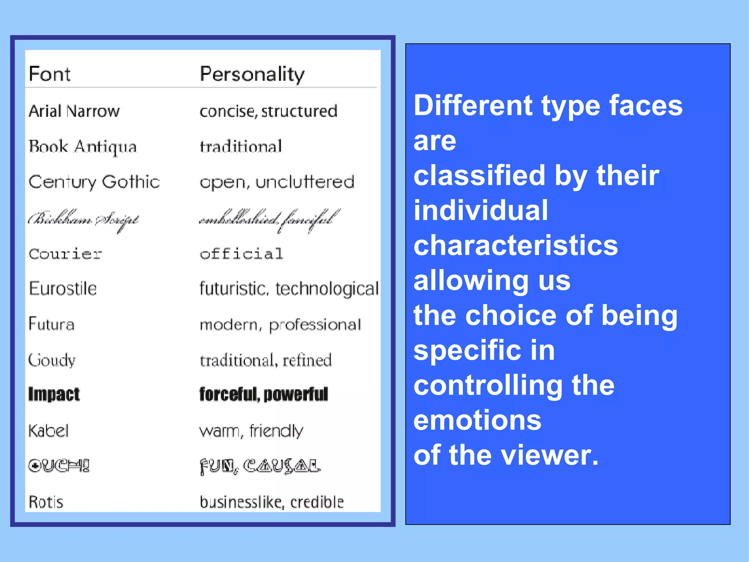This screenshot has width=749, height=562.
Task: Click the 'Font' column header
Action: coord(49,74)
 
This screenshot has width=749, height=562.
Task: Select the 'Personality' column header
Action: coord(252,75)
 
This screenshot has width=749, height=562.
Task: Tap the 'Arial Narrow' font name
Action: coord(74,111)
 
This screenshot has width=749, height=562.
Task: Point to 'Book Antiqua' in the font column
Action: coord(83,147)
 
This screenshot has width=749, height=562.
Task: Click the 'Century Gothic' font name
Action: coord(94,182)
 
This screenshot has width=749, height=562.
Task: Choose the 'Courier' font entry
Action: coord(65,254)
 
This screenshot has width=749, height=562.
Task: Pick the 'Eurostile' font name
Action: coord(63,288)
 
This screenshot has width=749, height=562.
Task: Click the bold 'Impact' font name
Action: coord(54,394)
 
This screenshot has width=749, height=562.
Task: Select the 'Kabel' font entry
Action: coord(49,431)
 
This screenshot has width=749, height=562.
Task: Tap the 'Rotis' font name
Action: coord(46,502)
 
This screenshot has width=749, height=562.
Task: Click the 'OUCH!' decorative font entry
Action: coord(59,466)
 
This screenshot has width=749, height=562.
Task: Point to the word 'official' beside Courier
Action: coord(241,254)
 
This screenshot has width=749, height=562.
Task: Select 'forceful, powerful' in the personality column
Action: coord(264,394)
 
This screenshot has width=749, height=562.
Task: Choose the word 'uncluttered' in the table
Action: coord(305,182)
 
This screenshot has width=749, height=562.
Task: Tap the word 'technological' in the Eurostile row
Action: coord(327,289)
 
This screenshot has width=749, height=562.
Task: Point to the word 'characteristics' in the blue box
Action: coord(516,245)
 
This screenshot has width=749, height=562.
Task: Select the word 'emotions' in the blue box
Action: coord(477,420)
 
